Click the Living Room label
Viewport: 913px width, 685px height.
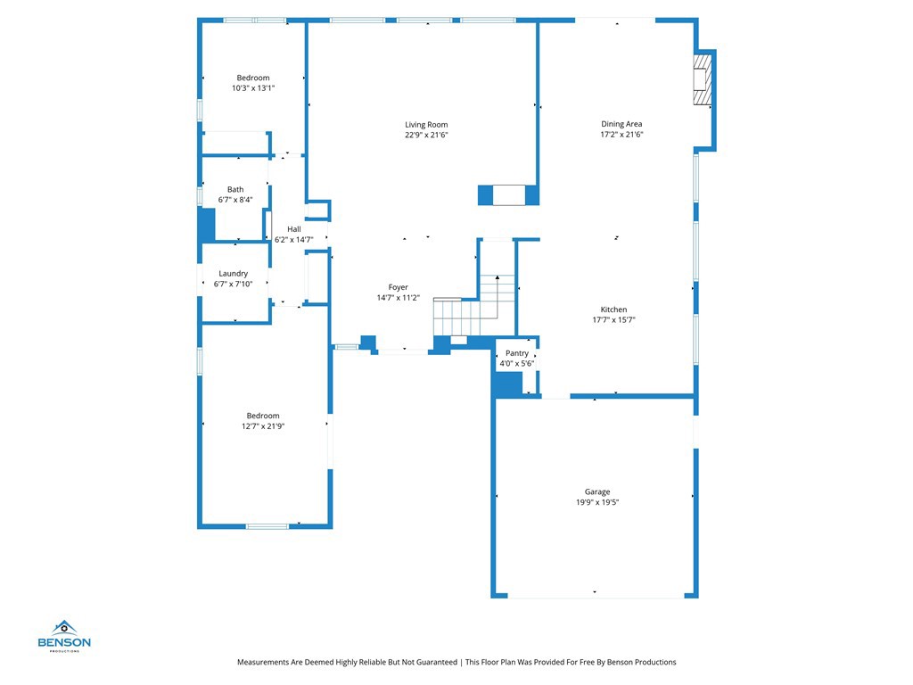coord(426,125)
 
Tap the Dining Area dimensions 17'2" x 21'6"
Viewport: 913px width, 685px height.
coord(621,135)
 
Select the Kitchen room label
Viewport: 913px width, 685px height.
coord(613,309)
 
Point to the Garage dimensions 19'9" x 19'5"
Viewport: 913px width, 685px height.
coord(596,502)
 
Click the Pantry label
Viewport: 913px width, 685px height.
coord(517,353)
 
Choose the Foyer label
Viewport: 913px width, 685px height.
coord(398,287)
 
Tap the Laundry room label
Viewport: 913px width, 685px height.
coord(234,274)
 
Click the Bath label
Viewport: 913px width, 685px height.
coord(235,189)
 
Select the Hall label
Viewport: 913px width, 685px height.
coord(293,229)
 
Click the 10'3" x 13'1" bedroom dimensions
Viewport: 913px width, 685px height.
coord(253,88)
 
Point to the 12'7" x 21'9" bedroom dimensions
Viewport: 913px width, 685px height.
coord(263,426)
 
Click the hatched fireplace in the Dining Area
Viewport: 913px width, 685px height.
coord(703,78)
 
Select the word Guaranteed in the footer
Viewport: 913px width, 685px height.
coord(435,662)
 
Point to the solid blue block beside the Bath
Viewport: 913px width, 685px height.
coord(207,225)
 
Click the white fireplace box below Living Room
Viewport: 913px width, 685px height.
coord(509,195)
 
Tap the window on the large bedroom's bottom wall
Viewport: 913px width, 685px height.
coord(267,526)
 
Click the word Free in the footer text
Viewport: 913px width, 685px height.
coord(580,662)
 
